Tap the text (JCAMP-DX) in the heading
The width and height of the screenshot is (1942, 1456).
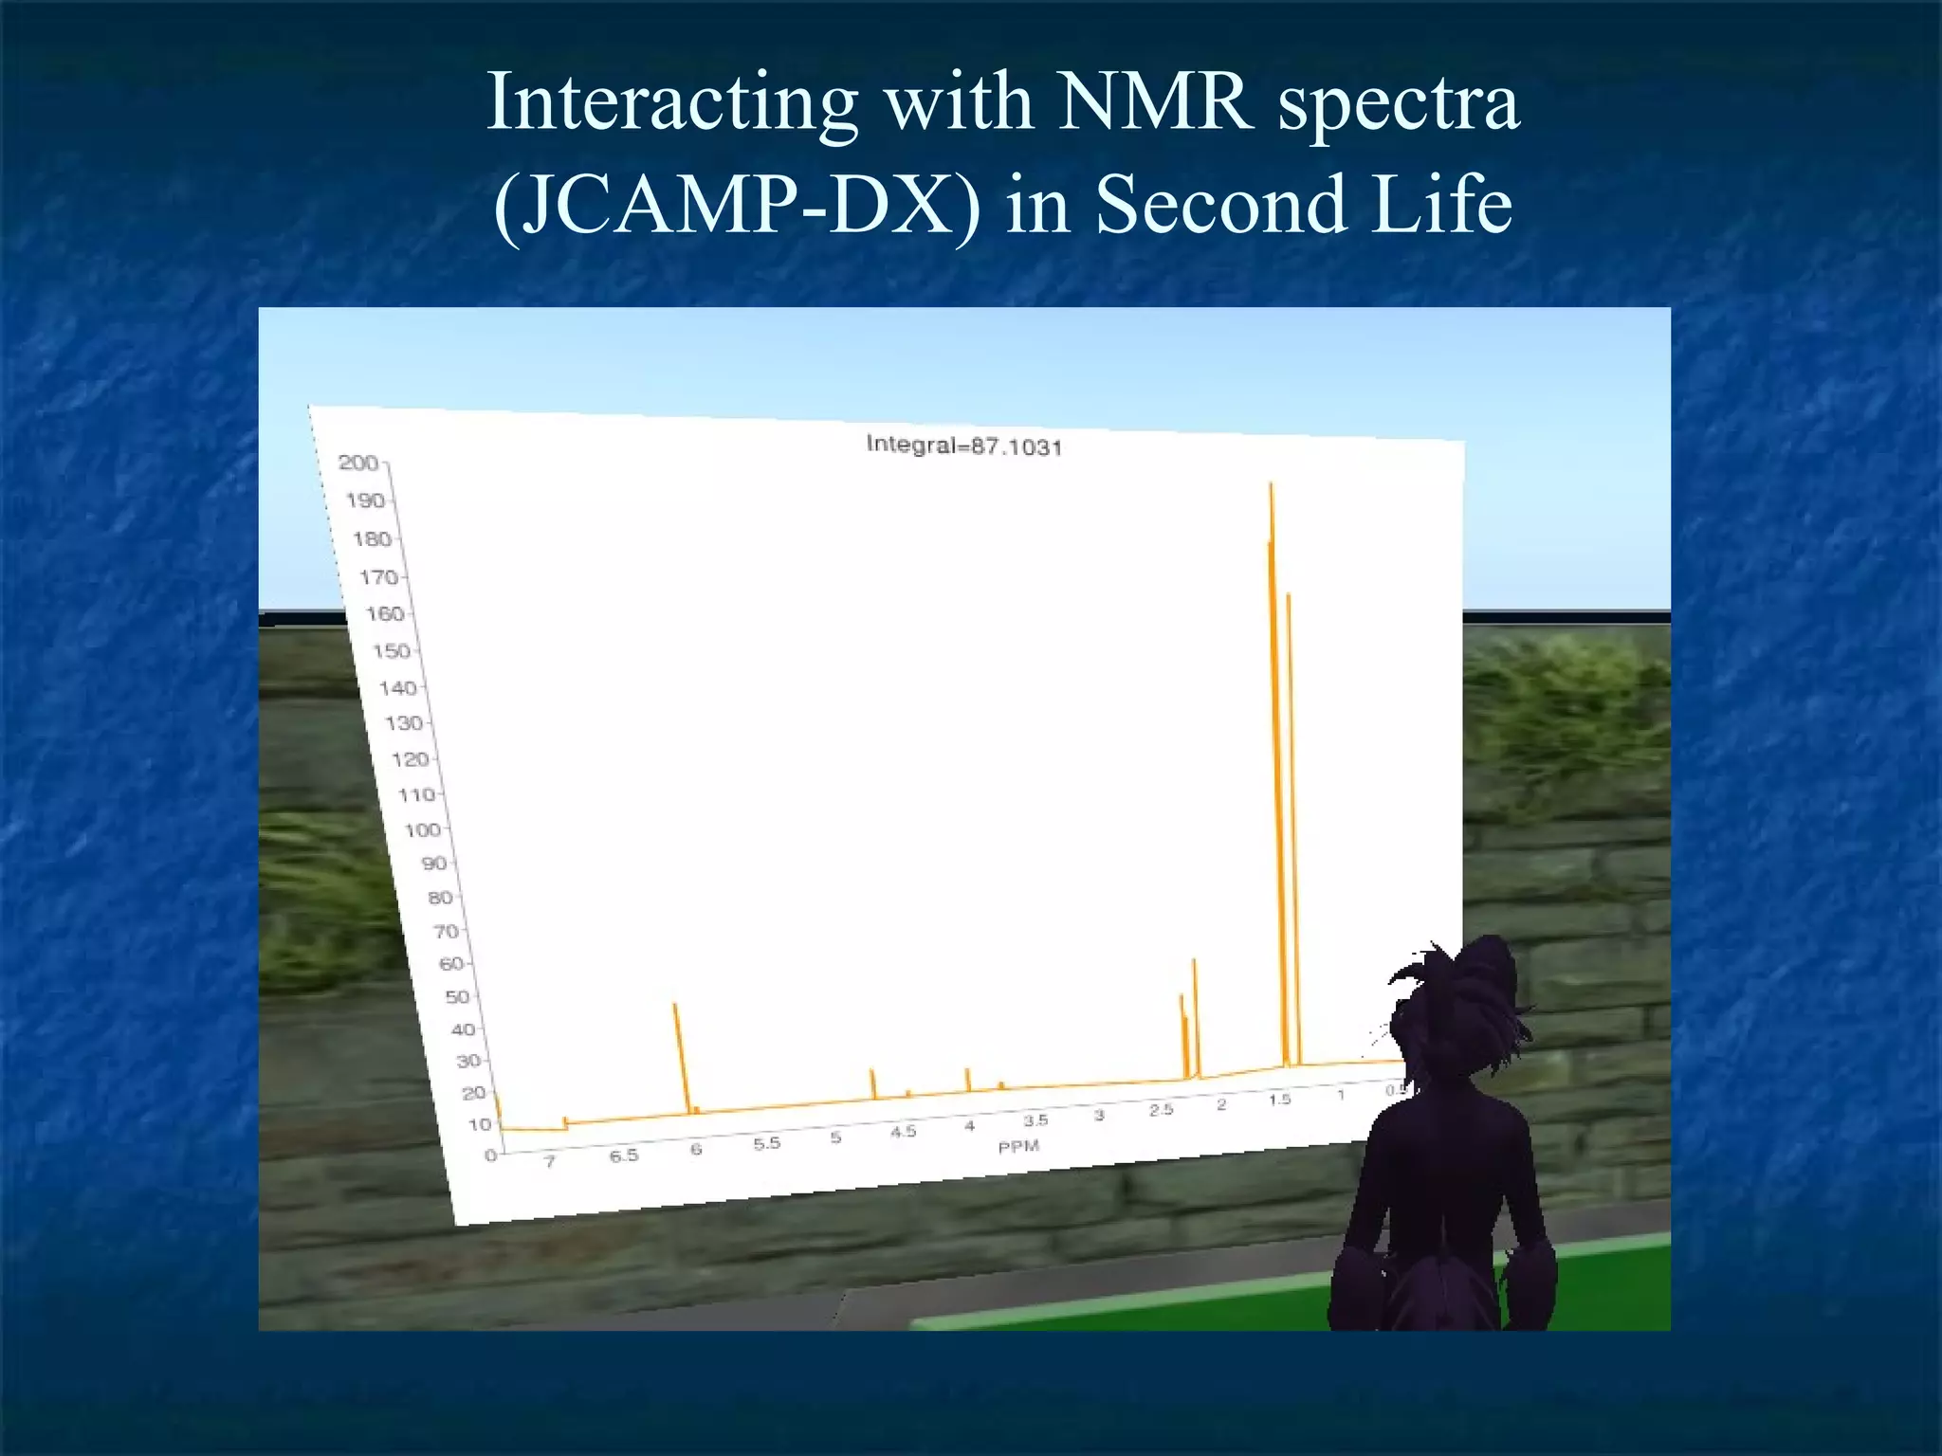click(x=736, y=205)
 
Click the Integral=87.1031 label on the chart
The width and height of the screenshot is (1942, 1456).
click(x=963, y=446)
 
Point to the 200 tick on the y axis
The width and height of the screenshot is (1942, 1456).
click(x=358, y=463)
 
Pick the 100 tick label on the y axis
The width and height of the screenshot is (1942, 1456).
click(x=422, y=829)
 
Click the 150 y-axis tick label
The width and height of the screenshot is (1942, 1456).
click(x=391, y=651)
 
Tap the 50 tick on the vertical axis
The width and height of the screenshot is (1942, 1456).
click(x=457, y=996)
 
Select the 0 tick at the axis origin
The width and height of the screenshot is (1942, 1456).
click(x=490, y=1156)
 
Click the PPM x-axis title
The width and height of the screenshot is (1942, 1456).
click(x=1018, y=1147)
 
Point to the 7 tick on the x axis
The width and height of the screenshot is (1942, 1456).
click(x=549, y=1161)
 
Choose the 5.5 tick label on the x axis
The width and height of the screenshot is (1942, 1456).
click(x=766, y=1144)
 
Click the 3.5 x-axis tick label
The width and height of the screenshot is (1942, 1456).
click(x=1035, y=1120)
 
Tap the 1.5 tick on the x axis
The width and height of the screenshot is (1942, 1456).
click(x=1279, y=1100)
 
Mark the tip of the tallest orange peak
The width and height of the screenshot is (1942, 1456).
click(x=1271, y=485)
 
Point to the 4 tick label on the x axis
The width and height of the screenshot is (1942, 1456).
click(x=969, y=1127)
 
